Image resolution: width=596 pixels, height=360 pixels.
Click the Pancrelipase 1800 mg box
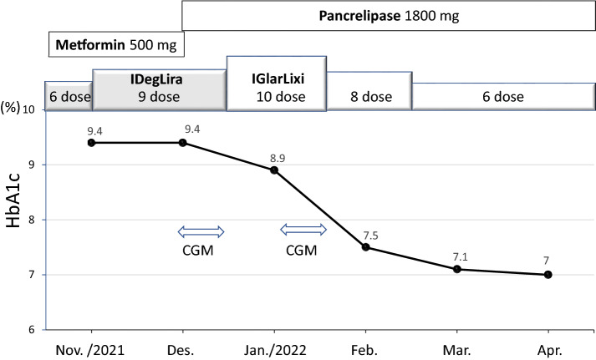click(x=388, y=17)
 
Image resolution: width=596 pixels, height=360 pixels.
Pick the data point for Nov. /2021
click(x=91, y=143)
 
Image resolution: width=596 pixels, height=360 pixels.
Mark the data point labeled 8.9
click(x=274, y=170)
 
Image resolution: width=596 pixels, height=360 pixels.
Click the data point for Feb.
click(x=365, y=247)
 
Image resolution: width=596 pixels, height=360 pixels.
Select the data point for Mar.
click(x=457, y=269)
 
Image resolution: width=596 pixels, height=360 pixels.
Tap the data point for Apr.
click(x=548, y=275)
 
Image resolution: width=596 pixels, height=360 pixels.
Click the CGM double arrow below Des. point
click(x=201, y=231)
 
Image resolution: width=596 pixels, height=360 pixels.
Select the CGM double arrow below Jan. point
click(x=303, y=229)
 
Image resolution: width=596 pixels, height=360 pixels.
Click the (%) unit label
click(x=11, y=109)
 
